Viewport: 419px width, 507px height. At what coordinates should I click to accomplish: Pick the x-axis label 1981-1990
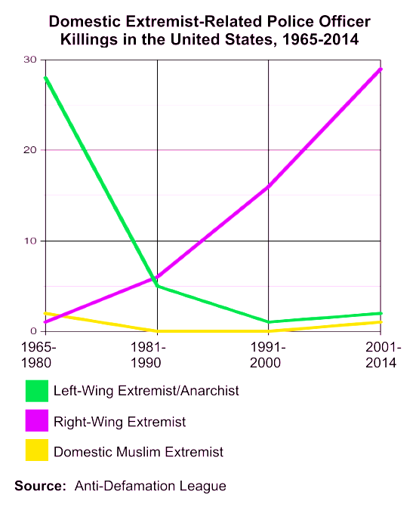coord(156,355)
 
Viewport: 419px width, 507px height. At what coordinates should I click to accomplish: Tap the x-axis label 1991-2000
coord(269,355)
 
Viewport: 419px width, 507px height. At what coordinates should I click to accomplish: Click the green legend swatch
coord(35,391)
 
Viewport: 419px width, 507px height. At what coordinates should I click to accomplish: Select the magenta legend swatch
coord(35,421)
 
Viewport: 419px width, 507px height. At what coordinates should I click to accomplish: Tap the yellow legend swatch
coord(35,451)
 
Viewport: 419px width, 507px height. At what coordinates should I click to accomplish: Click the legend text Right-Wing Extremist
coord(119,421)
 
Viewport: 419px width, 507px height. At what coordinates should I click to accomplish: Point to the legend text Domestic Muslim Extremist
coord(138,452)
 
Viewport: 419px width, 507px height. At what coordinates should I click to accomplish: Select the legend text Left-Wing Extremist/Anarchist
coord(146,391)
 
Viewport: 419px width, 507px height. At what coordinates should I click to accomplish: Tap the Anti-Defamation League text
coord(150,486)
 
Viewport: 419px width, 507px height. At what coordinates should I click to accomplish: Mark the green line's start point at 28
coord(46,78)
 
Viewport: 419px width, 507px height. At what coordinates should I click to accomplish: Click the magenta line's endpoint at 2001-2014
coord(380,69)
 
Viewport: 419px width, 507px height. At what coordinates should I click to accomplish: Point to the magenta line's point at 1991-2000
coord(269,186)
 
